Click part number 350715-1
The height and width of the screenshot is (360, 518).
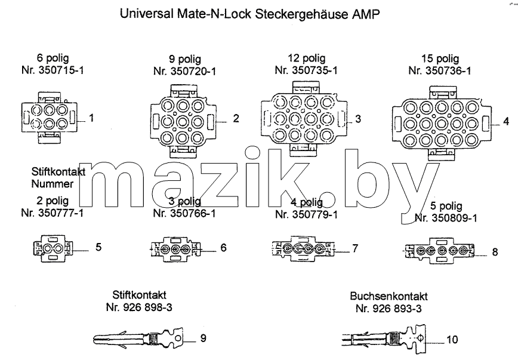click(61, 70)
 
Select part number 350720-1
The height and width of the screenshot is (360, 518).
click(193, 72)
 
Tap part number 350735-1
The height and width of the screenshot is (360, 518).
click(315, 70)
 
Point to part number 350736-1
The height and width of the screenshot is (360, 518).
click(448, 70)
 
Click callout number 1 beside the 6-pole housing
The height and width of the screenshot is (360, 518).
click(91, 118)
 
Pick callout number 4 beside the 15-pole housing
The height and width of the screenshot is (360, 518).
click(506, 121)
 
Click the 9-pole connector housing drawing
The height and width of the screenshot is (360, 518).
click(183, 121)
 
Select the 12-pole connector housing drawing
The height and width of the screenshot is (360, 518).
click(304, 118)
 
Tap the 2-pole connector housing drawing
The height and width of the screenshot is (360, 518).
click(53, 248)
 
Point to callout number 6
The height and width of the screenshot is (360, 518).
click(223, 248)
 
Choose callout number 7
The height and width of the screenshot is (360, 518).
click(355, 248)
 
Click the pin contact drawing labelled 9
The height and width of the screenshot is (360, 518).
click(138, 338)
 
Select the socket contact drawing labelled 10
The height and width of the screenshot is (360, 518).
click(384, 339)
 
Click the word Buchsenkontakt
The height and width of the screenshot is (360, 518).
click(389, 296)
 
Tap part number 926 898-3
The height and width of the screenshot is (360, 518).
click(147, 307)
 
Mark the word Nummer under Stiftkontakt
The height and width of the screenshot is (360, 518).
click(53, 184)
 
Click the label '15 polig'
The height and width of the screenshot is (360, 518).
click(440, 59)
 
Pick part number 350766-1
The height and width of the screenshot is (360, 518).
click(193, 214)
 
